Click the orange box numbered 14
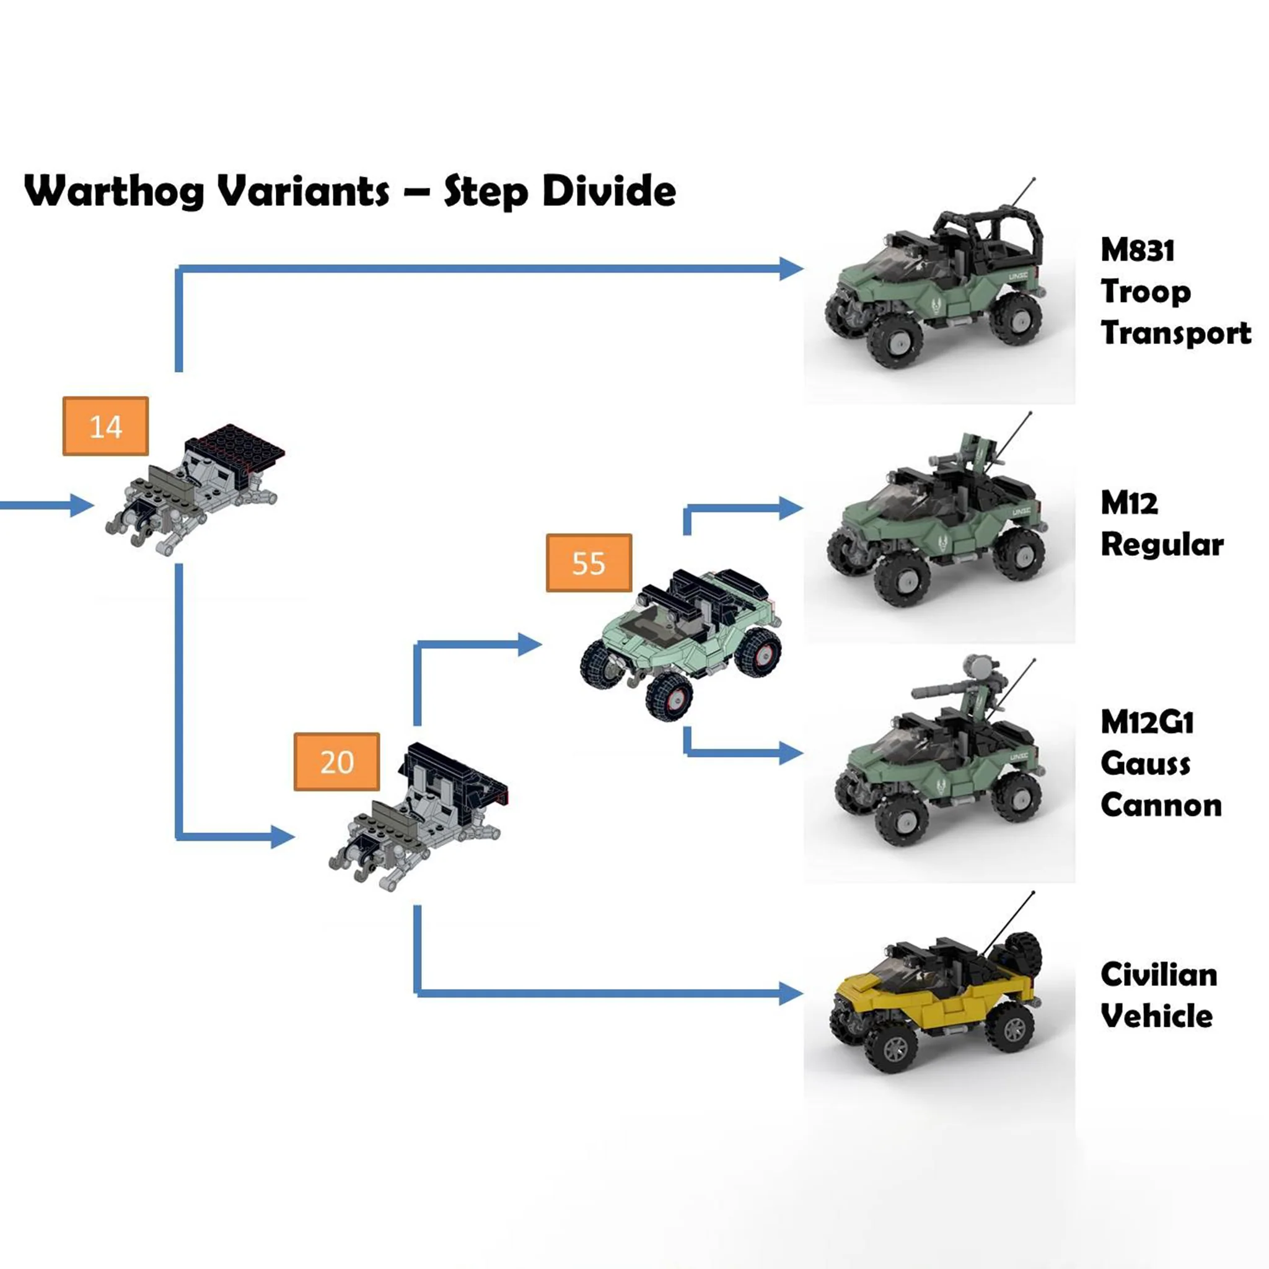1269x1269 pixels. (105, 426)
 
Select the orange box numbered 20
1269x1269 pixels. (336, 762)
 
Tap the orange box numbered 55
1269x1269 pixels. (589, 563)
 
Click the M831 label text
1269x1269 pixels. (1137, 250)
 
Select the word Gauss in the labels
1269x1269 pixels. (1145, 764)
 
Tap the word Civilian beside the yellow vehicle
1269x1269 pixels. (1159, 975)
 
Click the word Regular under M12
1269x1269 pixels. (1162, 545)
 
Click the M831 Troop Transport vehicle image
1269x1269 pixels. (933, 289)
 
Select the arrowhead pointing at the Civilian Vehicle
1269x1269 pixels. (791, 993)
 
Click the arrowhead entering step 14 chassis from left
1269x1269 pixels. (82, 505)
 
